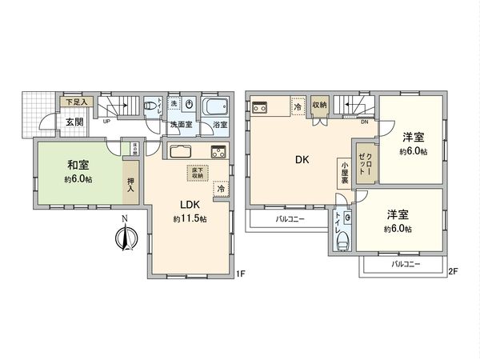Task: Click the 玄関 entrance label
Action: click(x=74, y=122)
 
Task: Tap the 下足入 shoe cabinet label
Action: click(x=77, y=102)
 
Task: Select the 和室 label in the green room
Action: click(x=78, y=166)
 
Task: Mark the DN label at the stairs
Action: click(x=365, y=122)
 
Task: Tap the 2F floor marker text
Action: click(x=452, y=270)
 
